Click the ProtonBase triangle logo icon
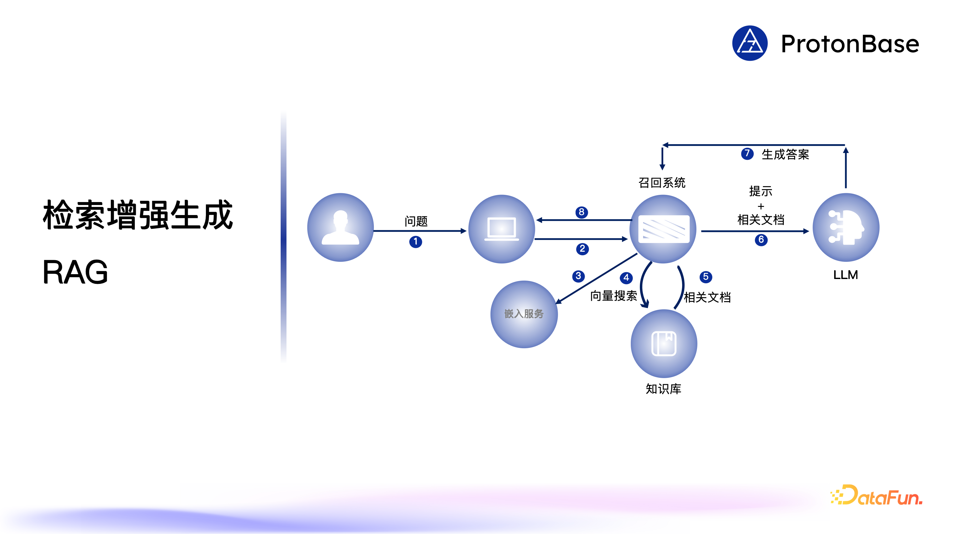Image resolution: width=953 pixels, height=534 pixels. point(750,43)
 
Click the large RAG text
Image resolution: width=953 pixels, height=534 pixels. point(75,272)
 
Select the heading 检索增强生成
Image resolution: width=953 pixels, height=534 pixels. point(138,215)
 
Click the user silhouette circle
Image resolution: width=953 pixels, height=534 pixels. point(340,227)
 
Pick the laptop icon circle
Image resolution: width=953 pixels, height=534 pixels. point(501,229)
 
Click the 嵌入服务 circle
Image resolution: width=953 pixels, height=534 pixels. point(524,314)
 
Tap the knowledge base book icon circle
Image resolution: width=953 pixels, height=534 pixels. point(664,344)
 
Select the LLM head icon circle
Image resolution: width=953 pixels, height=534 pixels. point(846,227)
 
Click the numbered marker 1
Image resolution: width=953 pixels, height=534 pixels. point(415,242)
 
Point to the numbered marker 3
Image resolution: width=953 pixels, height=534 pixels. point(578,276)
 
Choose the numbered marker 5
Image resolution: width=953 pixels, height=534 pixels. point(705,277)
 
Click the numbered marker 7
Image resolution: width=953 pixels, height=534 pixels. point(747,154)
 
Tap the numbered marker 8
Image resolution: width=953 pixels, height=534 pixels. point(581,212)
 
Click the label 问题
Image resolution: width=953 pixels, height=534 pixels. point(416,221)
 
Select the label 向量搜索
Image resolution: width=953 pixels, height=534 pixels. point(613,296)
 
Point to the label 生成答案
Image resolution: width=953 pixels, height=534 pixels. point(785,154)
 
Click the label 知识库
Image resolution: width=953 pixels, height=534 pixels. point(663,389)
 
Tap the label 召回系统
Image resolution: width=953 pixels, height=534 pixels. point(662,183)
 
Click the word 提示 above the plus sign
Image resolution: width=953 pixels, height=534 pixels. point(761,191)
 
